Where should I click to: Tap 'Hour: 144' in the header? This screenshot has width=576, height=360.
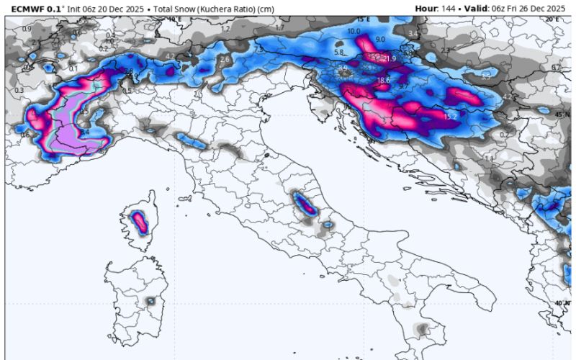click(x=434, y=8)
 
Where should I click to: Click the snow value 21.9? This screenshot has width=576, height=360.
click(x=390, y=58)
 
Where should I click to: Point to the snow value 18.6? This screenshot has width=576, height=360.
click(x=383, y=80)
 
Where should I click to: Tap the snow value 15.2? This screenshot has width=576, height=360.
click(x=451, y=116)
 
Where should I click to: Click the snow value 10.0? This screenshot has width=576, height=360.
click(x=354, y=32)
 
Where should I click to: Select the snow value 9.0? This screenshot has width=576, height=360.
click(x=380, y=39)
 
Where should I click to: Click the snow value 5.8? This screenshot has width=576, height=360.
click(x=339, y=53)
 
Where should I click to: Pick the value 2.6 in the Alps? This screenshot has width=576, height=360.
click(x=224, y=59)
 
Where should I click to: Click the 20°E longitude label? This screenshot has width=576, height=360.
click(x=551, y=19)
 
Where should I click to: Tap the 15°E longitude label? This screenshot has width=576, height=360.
click(x=362, y=19)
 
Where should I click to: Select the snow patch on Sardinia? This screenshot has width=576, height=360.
click(x=150, y=300)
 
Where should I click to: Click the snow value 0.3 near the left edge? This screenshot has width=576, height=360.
click(x=19, y=90)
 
